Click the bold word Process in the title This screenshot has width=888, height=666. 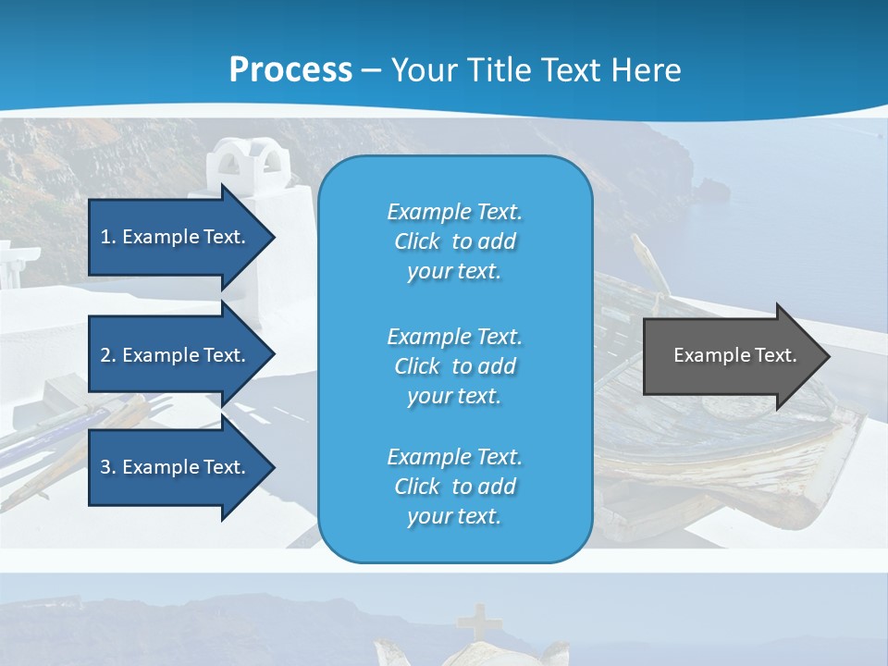tap(290, 70)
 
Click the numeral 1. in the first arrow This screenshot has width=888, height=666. tap(107, 237)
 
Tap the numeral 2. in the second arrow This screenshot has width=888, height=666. tap(107, 355)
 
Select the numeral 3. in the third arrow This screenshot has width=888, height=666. tap(107, 467)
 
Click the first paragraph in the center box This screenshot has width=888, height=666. tap(454, 241)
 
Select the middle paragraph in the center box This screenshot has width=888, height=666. tap(454, 366)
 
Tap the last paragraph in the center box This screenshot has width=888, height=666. tap(454, 487)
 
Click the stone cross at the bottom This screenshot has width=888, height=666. tap(477, 621)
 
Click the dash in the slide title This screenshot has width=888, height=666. tap(371, 71)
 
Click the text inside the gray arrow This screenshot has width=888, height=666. tap(735, 355)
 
